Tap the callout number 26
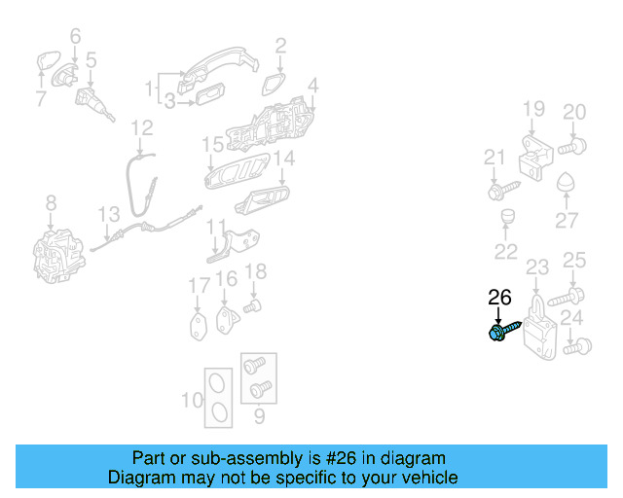[499, 298]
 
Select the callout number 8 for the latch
[52, 202]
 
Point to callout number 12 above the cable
[142, 126]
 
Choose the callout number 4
[312, 87]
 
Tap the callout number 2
[280, 44]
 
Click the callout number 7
[40, 97]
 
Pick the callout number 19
[533, 108]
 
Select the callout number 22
[506, 252]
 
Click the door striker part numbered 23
[537, 325]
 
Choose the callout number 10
[193, 398]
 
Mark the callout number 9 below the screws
[258, 417]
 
